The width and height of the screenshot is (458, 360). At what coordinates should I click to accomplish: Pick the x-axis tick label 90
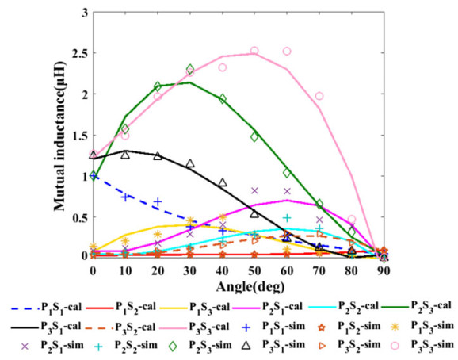point(384,271)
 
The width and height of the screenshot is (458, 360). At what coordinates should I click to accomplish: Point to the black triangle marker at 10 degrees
point(125,154)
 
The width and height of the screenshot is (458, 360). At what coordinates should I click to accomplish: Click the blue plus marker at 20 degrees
point(158,201)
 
